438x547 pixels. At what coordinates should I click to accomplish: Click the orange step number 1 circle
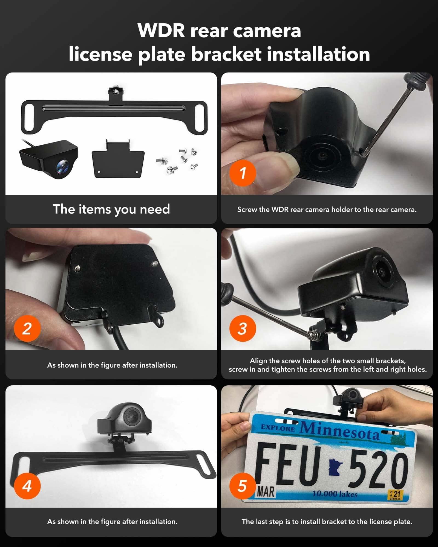coord(243,173)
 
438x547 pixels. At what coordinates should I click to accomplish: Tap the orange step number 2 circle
coord(27,328)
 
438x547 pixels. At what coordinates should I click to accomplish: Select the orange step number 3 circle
coord(243,328)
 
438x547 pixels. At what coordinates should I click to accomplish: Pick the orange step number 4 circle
coord(27,486)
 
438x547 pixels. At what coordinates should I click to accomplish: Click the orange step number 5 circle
coord(243,486)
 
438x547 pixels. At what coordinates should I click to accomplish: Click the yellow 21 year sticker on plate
coord(395,494)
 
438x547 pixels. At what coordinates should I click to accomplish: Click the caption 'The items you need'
coord(111,209)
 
